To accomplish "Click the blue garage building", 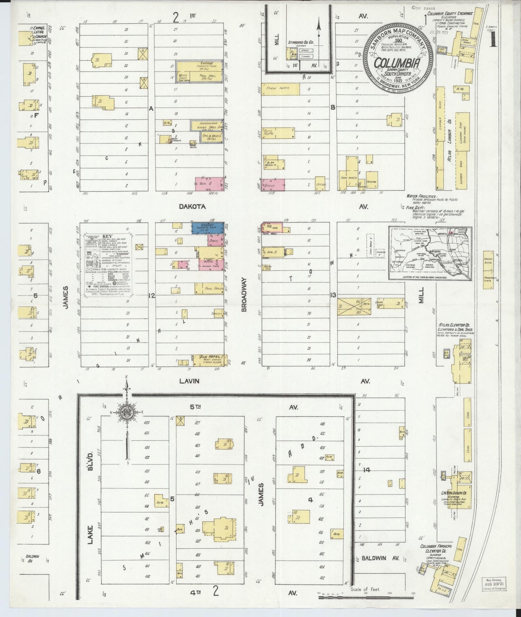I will (x=207, y=227).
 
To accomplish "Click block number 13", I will (x=333, y=295).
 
